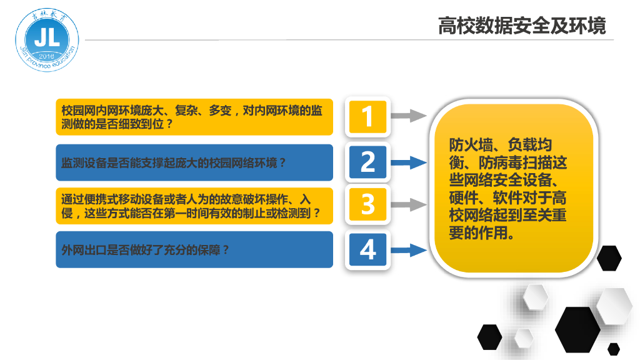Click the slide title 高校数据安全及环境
pyautogui.click(x=522, y=27)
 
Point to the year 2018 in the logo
pyautogui.click(x=47, y=57)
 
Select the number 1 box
pyautogui.click(x=367, y=116)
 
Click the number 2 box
pyautogui.click(x=367, y=162)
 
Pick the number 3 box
pyautogui.click(x=367, y=204)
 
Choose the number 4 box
pyautogui.click(x=367, y=249)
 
